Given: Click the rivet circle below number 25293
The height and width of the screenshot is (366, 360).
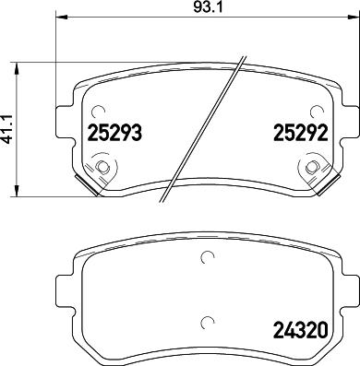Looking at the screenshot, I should [103, 167].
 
